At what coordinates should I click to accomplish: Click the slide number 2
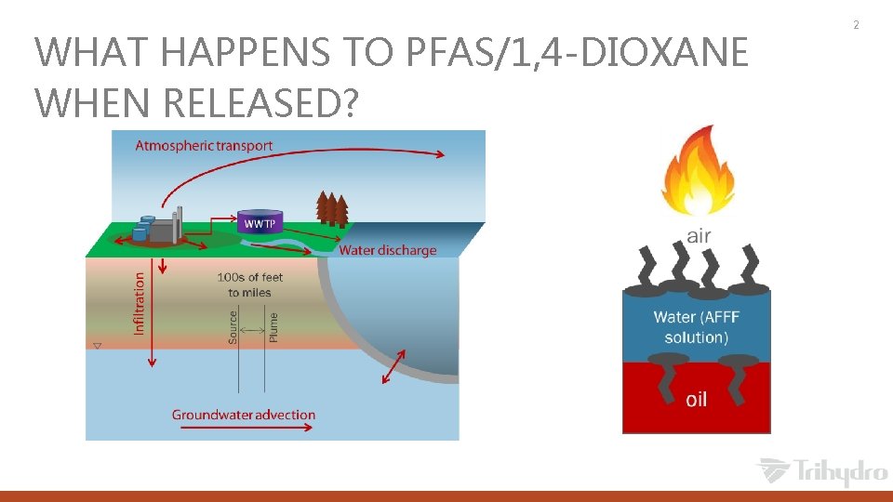point(856,24)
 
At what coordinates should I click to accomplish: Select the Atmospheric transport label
point(205,145)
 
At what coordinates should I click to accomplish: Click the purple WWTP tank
point(260,221)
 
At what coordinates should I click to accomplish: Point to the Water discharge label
point(387,250)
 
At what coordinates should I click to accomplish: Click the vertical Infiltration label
point(140,303)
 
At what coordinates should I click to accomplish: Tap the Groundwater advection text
point(244,415)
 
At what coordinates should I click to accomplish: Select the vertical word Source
point(233,327)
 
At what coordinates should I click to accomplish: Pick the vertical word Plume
point(273,327)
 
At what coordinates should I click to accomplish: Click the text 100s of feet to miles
point(250,284)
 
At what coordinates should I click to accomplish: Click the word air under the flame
point(699,236)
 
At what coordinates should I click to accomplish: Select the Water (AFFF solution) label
point(697,326)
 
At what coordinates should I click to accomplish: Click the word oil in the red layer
point(696,399)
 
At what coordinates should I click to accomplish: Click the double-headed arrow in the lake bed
point(394,366)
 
